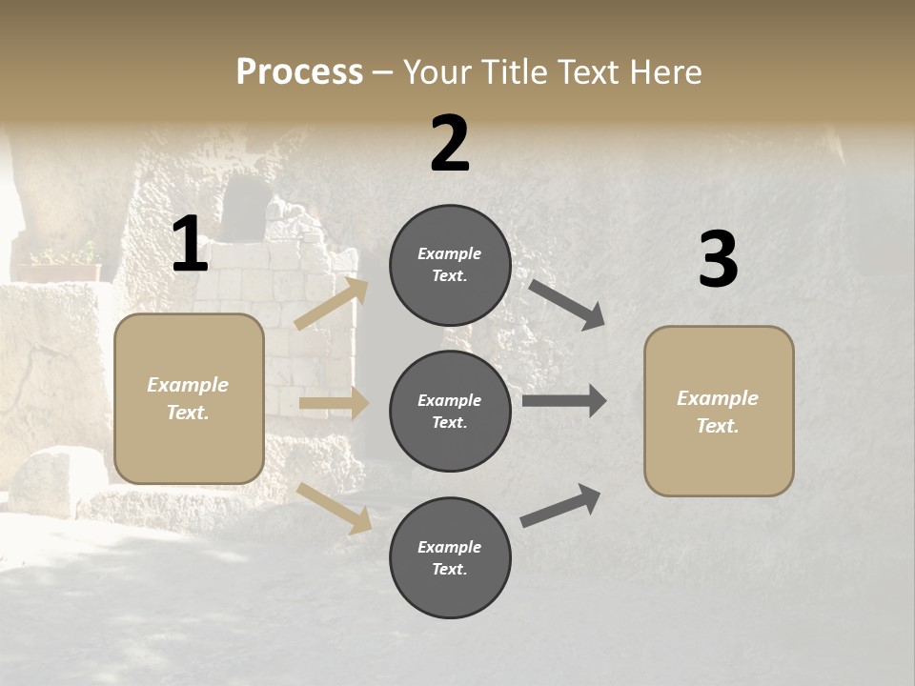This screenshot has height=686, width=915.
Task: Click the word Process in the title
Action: pos(299,71)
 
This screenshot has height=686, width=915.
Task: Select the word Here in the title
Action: pos(664,71)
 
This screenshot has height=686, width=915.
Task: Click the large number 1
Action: pos(190,245)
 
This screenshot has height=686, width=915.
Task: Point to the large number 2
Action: pos(450,144)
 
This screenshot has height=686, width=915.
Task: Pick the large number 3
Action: pos(718,260)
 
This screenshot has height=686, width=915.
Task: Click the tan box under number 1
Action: pos(189,398)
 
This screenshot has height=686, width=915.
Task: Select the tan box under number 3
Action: pos(719,411)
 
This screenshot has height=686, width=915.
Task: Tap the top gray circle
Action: pos(450,265)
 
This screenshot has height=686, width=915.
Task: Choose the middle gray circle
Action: pos(450,411)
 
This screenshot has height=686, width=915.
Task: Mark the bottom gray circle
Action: pos(450,557)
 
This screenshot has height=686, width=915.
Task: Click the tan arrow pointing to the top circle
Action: pos(332,304)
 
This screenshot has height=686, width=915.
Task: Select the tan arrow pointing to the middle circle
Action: pos(334,403)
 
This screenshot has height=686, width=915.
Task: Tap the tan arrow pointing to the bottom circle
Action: pos(335,507)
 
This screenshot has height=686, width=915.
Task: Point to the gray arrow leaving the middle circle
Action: pos(564,401)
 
